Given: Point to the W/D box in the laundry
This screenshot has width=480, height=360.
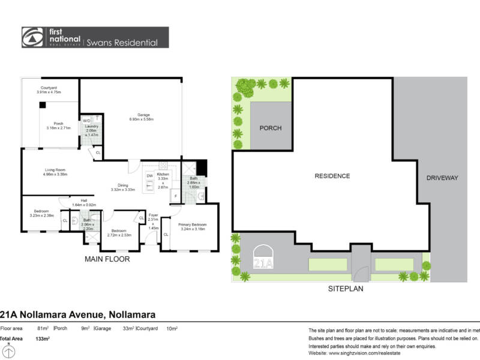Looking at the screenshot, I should [86, 120].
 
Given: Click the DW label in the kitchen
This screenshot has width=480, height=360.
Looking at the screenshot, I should [150, 175].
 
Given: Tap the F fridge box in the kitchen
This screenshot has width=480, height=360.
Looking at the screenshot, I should [175, 195].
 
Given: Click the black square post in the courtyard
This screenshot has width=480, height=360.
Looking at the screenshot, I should [43, 105].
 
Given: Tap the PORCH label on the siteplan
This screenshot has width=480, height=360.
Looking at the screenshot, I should [270, 128].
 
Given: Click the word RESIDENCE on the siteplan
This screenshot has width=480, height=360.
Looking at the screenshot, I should [332, 176].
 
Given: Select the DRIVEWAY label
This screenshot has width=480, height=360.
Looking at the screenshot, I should [442, 178].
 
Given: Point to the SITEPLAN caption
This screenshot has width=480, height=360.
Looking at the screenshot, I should [345, 288].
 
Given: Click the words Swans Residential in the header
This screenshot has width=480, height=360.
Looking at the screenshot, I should [123, 43].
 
